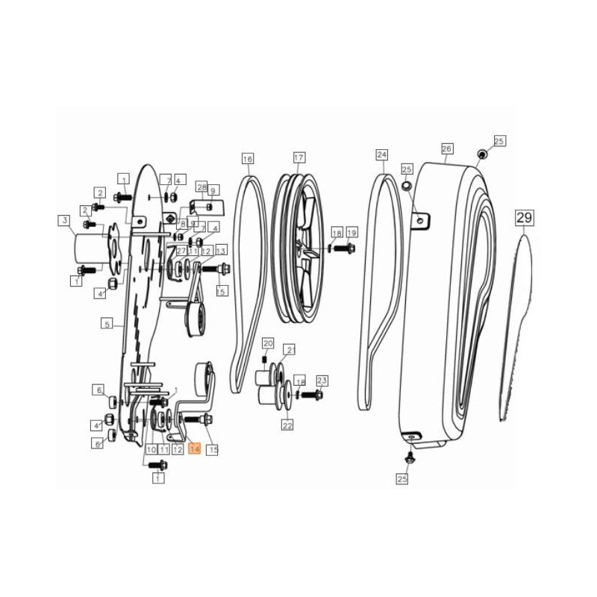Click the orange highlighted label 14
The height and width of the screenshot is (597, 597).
(x=195, y=449)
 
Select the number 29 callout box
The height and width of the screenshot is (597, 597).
(x=525, y=219)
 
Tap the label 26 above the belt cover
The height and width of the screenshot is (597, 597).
(x=447, y=149)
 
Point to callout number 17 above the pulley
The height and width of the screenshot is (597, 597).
(x=298, y=158)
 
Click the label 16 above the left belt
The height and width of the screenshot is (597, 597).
(x=248, y=159)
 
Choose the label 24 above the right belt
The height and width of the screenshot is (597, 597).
(x=382, y=155)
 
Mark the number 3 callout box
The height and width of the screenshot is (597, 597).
(x=65, y=220)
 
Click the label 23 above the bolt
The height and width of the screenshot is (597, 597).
(x=322, y=380)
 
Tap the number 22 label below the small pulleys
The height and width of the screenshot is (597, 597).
(x=287, y=425)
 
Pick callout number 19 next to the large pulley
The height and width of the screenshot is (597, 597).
(x=351, y=232)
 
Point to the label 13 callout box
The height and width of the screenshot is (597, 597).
(x=221, y=251)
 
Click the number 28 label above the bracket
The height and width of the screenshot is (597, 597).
(x=201, y=186)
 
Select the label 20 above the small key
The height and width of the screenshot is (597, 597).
(x=268, y=343)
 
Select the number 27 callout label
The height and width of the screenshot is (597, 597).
(x=181, y=251)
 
